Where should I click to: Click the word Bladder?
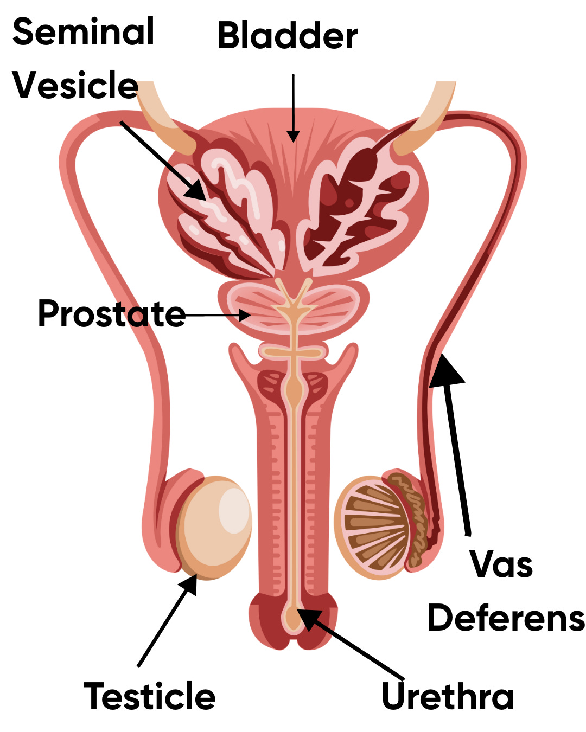coord(288,36)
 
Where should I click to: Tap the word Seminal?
coord(84,31)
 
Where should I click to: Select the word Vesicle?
coord(75,85)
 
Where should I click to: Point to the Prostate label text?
coord(112,313)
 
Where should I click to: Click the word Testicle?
coord(150,696)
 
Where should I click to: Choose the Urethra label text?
coord(448,696)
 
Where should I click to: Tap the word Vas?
coord(501,564)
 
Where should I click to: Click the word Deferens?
coord(506,618)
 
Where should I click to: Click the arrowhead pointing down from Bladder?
coord(293,136)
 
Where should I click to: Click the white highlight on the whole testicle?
coord(233,510)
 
